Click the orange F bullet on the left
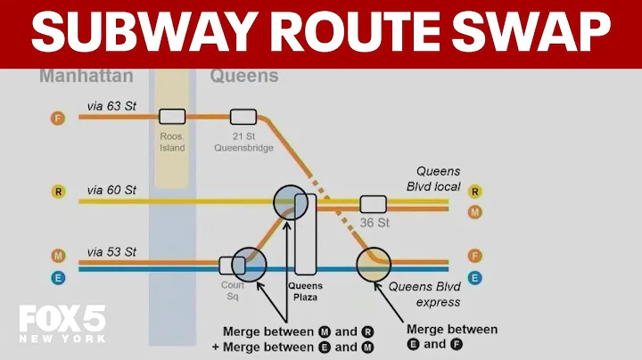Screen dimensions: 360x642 (x=58, y=117)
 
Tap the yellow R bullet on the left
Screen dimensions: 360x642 (x=58, y=191)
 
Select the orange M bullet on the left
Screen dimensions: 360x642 (x=58, y=256)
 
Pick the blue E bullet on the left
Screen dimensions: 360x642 (x=58, y=277)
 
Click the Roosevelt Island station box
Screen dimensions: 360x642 (x=172, y=116)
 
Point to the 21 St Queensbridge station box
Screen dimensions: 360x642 (x=243, y=116)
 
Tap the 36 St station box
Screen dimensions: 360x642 (x=373, y=203)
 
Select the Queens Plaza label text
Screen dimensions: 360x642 (x=305, y=292)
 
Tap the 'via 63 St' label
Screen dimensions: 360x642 (x=111, y=106)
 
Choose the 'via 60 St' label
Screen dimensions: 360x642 (x=111, y=190)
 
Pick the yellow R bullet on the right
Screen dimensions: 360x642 (x=475, y=191)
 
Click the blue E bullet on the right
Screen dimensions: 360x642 (x=475, y=277)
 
